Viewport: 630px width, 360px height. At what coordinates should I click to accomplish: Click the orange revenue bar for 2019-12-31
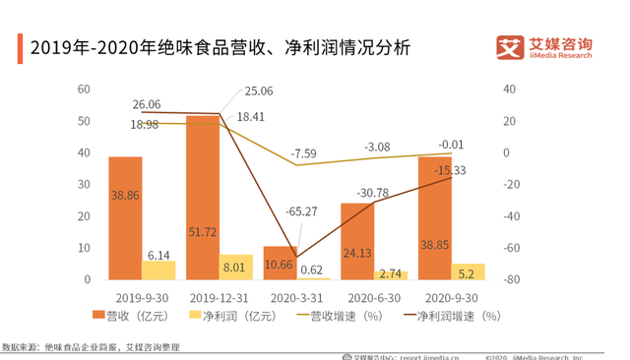pyautogui.click(x=203, y=197)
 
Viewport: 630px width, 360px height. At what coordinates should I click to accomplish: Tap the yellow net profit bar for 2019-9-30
pyautogui.click(x=158, y=270)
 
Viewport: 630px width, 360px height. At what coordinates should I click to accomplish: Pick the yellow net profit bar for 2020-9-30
pyautogui.click(x=468, y=271)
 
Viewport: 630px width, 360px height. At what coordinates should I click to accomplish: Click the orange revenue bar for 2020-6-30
pyautogui.click(x=357, y=241)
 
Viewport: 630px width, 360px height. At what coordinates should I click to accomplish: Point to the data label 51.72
pyautogui.click(x=203, y=232)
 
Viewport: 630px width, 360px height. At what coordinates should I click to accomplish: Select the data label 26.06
pyautogui.click(x=147, y=103)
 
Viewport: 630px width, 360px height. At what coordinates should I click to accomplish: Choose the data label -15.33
pyautogui.click(x=453, y=170)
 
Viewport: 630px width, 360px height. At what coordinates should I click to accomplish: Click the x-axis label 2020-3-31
pyautogui.click(x=297, y=296)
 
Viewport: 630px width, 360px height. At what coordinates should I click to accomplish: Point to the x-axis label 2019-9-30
pyautogui.click(x=142, y=296)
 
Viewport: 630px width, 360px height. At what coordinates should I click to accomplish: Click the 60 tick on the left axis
pyautogui.click(x=84, y=90)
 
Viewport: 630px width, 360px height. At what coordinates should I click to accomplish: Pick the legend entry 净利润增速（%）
pyautogui.click(x=453, y=316)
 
